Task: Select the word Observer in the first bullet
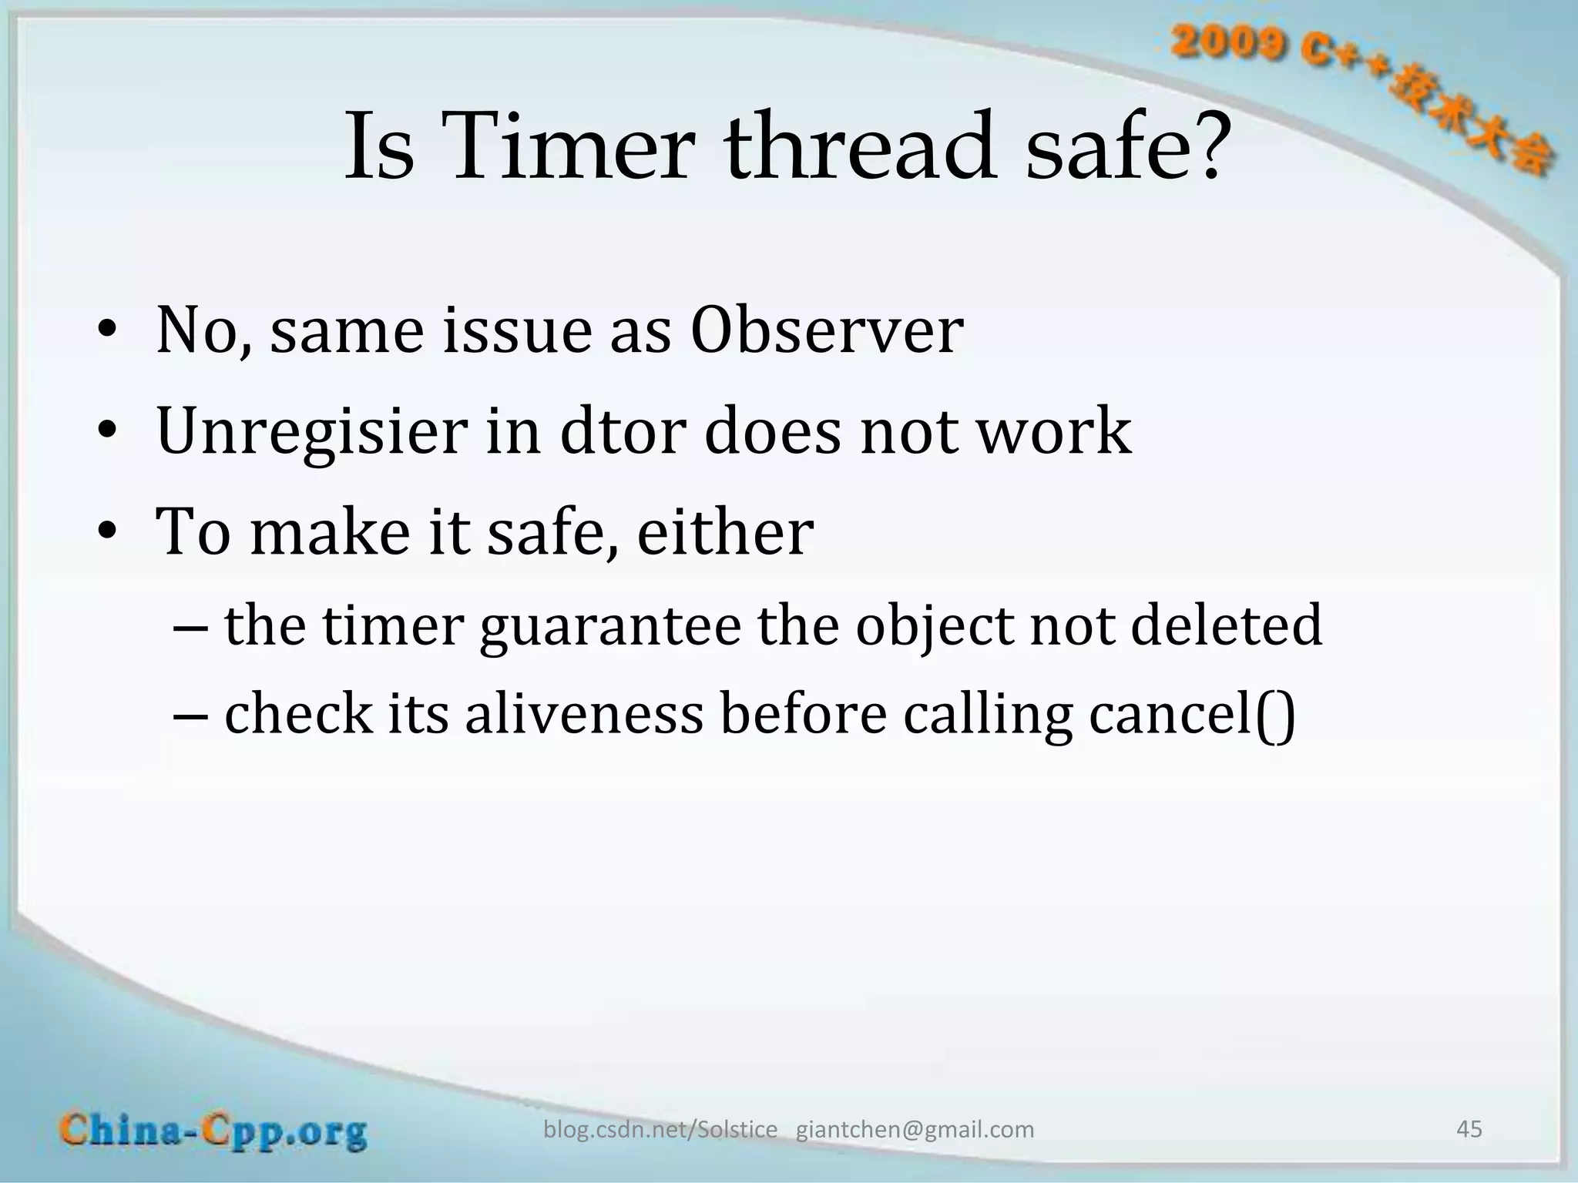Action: (x=826, y=331)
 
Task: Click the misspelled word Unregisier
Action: (x=311, y=431)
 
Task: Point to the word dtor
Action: (x=623, y=431)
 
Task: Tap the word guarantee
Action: (x=609, y=627)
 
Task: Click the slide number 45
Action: (x=1469, y=1129)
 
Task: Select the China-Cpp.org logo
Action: (x=214, y=1131)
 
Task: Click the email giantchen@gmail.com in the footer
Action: (x=915, y=1129)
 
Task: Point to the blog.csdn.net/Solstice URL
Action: (x=660, y=1129)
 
